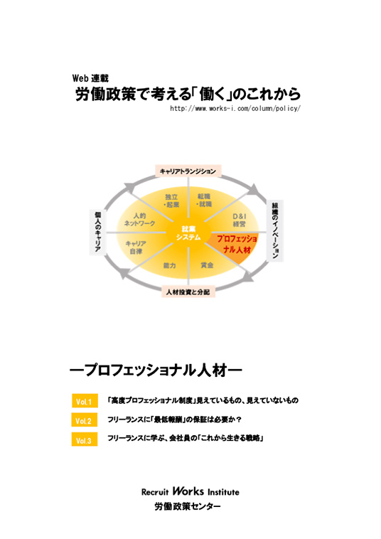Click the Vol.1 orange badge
(x=85, y=401)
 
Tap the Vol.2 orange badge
(x=85, y=420)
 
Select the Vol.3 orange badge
(x=85, y=439)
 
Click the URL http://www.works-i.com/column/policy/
(x=235, y=108)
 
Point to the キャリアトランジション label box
(x=188, y=171)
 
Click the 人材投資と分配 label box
(x=188, y=292)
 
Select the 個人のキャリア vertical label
(x=97, y=232)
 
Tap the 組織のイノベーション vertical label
(x=275, y=230)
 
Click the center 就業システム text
(x=188, y=233)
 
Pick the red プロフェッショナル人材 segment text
(x=237, y=244)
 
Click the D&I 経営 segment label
(x=239, y=220)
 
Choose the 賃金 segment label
(x=207, y=265)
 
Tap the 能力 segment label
(x=169, y=265)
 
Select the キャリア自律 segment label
(x=136, y=247)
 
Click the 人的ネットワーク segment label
(x=139, y=219)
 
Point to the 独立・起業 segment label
(x=171, y=201)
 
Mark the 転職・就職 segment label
(x=204, y=200)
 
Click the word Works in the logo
(x=188, y=491)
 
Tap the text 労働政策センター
(x=188, y=506)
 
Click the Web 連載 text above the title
(x=90, y=78)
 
